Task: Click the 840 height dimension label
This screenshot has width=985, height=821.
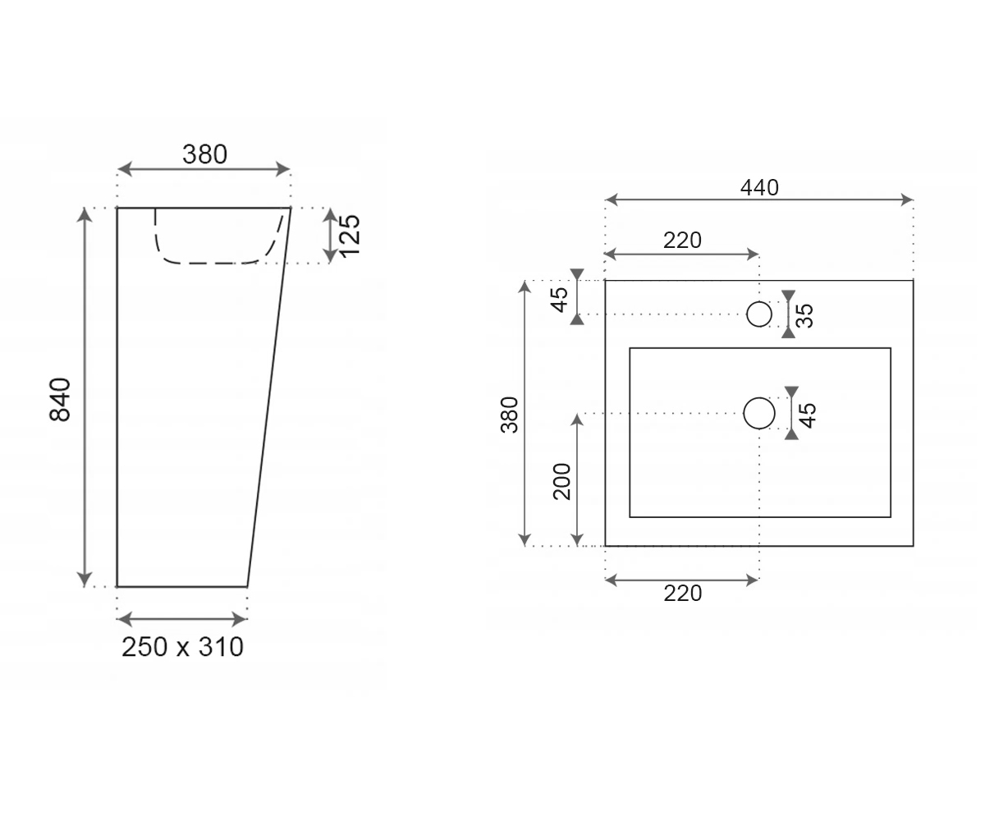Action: click(60, 399)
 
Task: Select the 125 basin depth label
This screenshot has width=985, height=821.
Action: click(350, 236)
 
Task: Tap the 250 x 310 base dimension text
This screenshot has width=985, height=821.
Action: click(182, 647)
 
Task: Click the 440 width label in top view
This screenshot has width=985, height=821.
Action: click(759, 188)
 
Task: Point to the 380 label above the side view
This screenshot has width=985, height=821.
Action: click(204, 154)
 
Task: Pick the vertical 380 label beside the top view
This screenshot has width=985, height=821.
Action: click(510, 415)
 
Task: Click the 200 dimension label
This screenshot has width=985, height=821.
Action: click(561, 481)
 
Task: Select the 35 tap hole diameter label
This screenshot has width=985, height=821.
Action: click(804, 315)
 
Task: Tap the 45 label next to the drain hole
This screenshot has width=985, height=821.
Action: click(808, 415)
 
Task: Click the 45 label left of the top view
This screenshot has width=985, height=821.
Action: click(560, 300)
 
